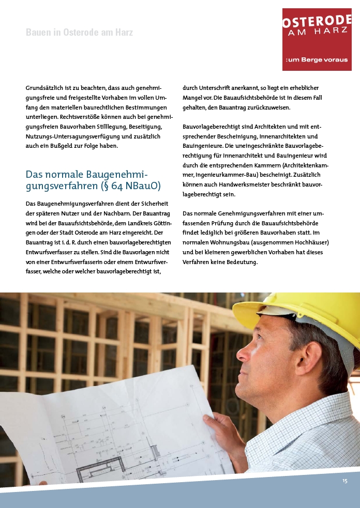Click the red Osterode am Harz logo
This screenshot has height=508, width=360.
click(x=317, y=39)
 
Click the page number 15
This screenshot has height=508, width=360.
click(x=345, y=481)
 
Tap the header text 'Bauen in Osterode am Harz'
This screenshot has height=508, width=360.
click(x=79, y=33)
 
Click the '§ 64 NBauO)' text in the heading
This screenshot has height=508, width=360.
click(x=134, y=185)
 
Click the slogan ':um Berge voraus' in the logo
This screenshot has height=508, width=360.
click(x=317, y=60)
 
